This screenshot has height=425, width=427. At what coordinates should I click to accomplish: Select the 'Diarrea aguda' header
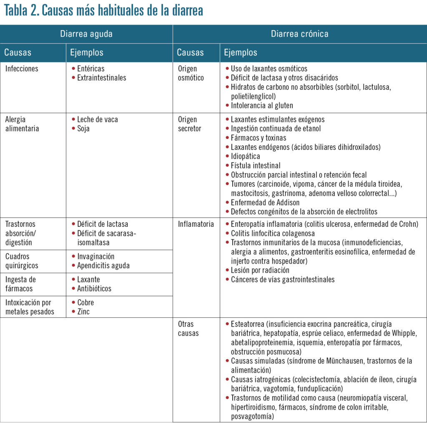pos(86,34)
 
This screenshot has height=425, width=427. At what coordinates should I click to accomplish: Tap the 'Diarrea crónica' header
pos(299,34)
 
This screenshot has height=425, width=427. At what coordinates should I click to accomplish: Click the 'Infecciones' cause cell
pos(22,69)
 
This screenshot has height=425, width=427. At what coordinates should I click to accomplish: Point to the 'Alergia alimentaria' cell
pos(22,124)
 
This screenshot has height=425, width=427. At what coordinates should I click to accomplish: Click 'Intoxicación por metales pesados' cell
pos(30,307)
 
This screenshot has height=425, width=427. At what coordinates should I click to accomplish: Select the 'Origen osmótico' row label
pos(191,73)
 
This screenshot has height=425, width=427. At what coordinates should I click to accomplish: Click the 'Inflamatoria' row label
pos(196,224)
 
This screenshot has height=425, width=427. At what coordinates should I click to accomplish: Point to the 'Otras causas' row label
pos(188,329)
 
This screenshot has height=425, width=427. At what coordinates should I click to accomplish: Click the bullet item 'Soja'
pos(83,128)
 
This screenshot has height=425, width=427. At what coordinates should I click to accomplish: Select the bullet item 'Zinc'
pos(83,312)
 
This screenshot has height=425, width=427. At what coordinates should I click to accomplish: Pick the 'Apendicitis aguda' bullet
pos(103,266)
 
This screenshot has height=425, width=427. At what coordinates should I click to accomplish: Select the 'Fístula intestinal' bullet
pos(256,166)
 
